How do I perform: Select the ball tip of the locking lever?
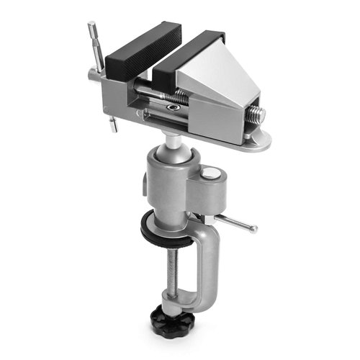click(253, 229)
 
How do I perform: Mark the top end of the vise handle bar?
click(92, 29)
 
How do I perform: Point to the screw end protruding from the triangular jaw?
click(257, 114)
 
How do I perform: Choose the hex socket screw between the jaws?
click(173, 107)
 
